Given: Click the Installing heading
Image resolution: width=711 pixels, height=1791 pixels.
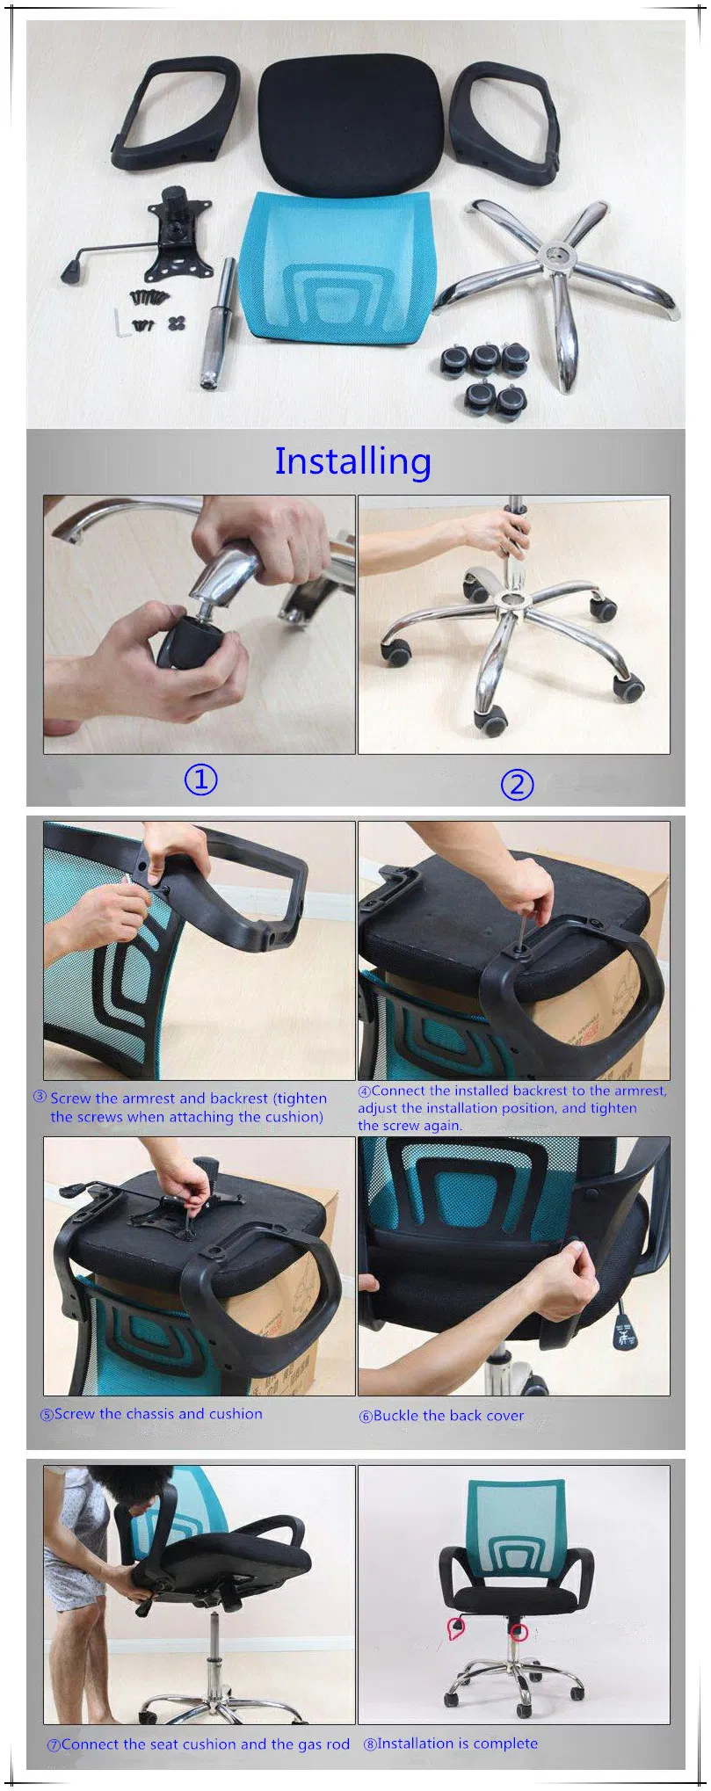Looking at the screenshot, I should pyautogui.click(x=352, y=461).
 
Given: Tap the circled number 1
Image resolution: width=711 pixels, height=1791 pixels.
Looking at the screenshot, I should pyautogui.click(x=200, y=779).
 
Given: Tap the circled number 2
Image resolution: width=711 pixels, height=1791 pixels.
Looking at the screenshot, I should pyautogui.click(x=517, y=784).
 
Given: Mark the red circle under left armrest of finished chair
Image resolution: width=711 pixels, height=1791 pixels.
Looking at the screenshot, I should pyautogui.click(x=456, y=1628).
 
